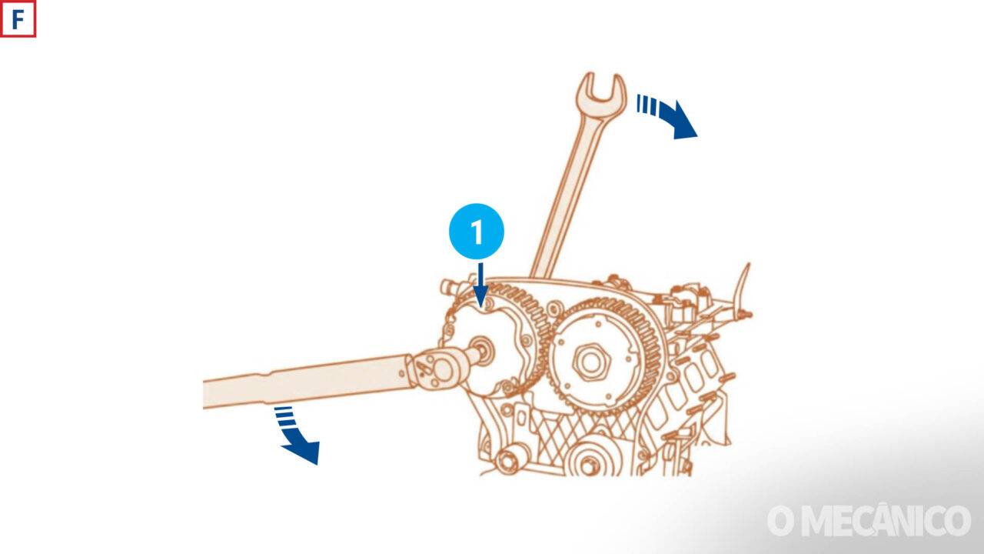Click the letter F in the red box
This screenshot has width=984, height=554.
(18, 20)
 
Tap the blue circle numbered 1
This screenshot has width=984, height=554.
(476, 232)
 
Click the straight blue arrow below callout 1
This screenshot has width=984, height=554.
(481, 285)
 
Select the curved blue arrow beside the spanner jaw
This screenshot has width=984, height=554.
(670, 115)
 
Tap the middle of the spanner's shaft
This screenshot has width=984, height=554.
(571, 189)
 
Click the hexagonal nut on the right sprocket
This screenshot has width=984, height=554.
(591, 362)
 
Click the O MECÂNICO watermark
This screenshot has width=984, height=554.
(869, 521)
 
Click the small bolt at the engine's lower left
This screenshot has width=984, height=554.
(510, 460)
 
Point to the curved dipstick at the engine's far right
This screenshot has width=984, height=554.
(743, 288)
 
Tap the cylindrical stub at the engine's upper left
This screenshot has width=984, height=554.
(450, 287)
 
